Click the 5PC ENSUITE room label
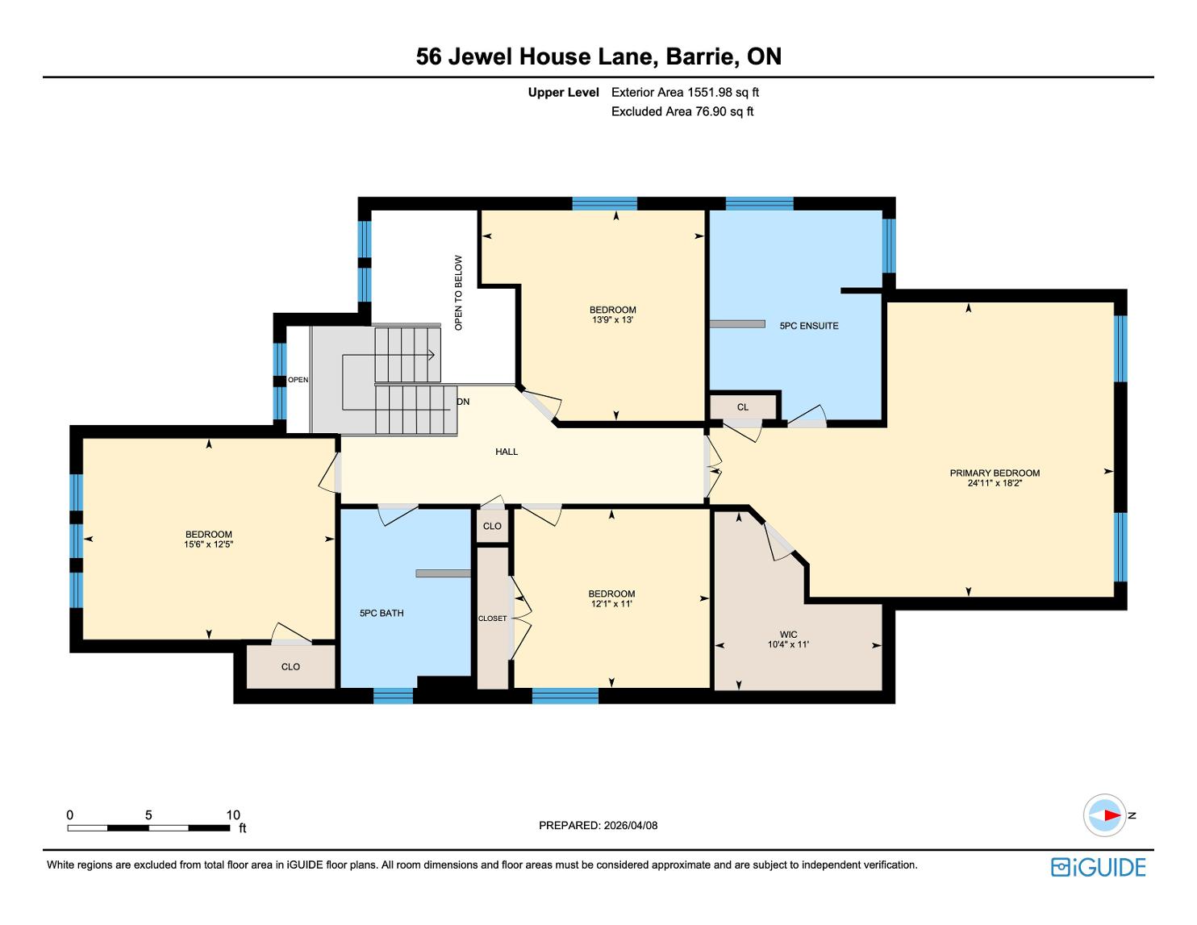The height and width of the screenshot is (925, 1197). coord(809,326)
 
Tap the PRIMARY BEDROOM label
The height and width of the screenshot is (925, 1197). coord(995,473)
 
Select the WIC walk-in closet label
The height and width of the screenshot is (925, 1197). coord(788,635)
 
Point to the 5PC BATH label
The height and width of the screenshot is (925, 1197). coord(382,613)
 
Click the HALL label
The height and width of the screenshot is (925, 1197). coord(507,452)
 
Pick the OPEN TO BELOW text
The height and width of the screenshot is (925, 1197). coord(458,293)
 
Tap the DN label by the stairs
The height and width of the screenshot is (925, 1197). coord(463,402)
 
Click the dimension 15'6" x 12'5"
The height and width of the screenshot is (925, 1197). coord(209,544)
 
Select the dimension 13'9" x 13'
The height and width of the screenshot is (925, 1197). coord(612,319)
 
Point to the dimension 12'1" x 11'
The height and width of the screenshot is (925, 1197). coord(611,603)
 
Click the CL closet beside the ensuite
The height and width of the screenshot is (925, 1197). coord(743,407)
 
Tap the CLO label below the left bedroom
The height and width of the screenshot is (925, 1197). coord(291,667)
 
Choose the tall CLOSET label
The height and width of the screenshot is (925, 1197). coord(493,619)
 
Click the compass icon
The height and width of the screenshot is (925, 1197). coord(1104,815)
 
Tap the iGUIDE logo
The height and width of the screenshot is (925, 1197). coord(1099,867)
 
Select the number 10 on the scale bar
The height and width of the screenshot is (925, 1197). coord(233,815)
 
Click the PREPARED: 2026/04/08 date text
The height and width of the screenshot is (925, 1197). coord(598,825)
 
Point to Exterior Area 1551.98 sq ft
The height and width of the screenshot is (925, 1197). coord(686,93)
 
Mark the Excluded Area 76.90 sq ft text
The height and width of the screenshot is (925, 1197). coord(682,112)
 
